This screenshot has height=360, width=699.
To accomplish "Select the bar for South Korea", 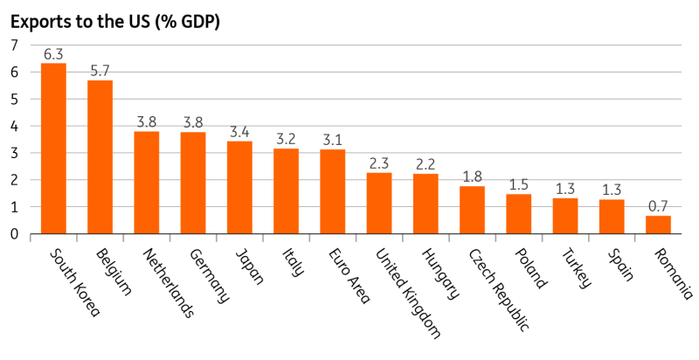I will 53,149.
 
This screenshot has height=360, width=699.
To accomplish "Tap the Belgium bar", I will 100,157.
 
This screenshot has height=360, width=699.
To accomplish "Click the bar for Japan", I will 239,188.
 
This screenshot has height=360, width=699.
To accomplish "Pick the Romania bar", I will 658,225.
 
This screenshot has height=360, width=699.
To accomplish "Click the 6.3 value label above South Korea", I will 53,52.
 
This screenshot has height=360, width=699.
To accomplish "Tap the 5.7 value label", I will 100,69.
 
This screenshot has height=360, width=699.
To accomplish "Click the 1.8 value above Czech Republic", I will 472,175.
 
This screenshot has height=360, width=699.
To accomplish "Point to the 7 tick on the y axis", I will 13,45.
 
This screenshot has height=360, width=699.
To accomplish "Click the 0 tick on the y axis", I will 13,234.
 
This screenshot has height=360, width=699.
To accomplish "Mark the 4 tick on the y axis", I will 13,126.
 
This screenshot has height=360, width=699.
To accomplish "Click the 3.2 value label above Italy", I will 286,137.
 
